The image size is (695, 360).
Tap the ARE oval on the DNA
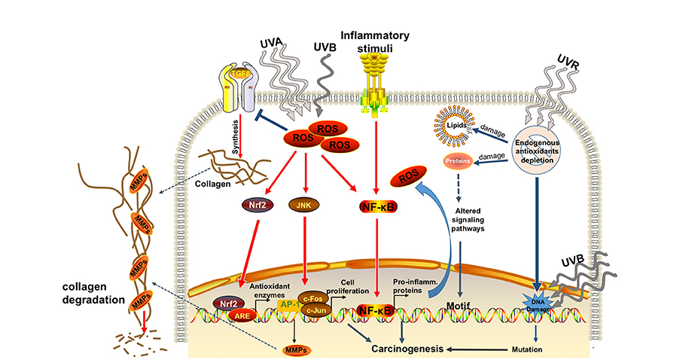242,316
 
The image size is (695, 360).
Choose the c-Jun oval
316,310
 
